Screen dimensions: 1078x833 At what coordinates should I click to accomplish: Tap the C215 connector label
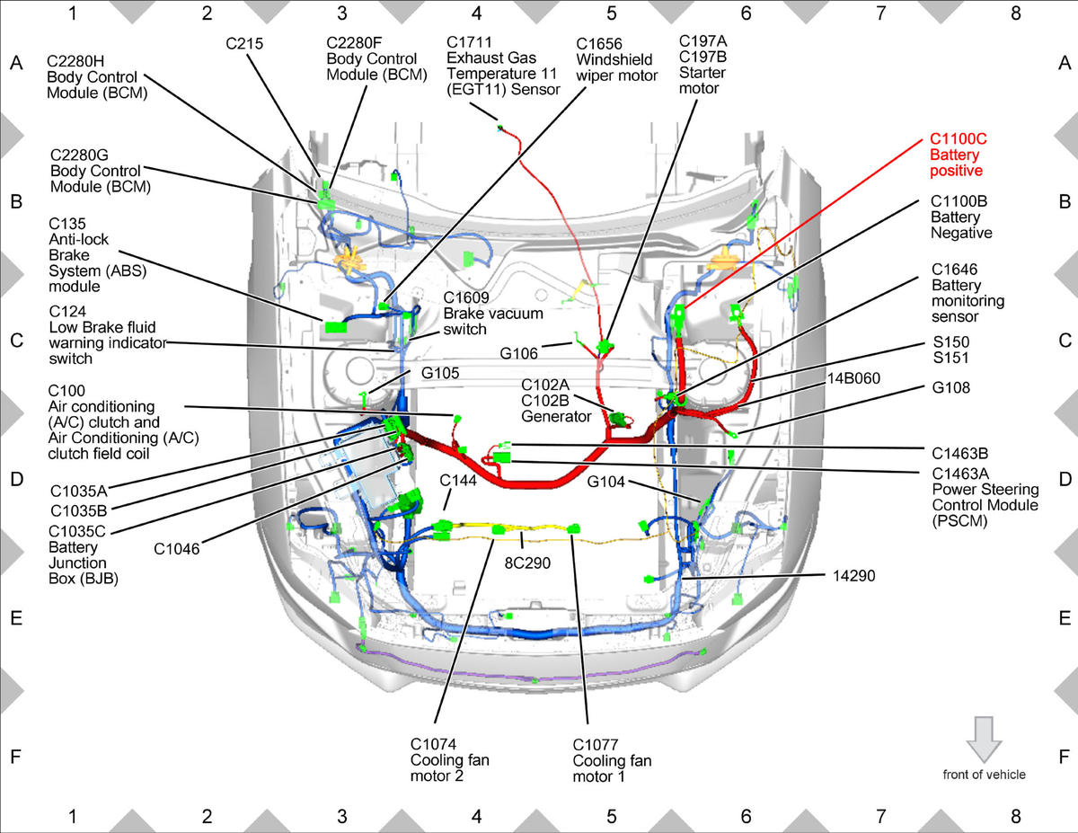pos(244,44)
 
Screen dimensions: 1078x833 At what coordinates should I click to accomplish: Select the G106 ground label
pos(518,353)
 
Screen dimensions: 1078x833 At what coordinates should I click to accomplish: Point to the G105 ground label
pos(440,373)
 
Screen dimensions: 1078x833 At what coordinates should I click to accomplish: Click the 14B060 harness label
pos(853,378)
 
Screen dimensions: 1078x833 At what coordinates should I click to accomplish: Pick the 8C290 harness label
pos(527,563)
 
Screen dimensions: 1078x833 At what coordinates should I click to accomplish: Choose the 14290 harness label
pos(853,576)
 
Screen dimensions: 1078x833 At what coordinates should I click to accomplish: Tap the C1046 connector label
pos(177,549)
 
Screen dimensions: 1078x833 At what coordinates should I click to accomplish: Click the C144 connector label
pos(458,480)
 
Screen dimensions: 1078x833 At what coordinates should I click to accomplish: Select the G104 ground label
pos(605,482)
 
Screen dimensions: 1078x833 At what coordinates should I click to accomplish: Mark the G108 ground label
pos(950,387)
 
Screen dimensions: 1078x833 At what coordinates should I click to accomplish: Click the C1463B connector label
pos(960,454)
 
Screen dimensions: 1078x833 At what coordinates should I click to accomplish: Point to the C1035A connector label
pos(79,491)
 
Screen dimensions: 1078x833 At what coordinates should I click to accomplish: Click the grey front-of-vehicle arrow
pos(984,740)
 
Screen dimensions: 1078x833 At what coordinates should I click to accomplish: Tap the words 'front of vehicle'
pos(985,775)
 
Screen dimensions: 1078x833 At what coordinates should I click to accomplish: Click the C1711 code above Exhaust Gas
pos(469,42)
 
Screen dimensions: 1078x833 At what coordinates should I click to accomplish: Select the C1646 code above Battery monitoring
pos(954,270)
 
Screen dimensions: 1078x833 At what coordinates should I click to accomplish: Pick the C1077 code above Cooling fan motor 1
pos(596,745)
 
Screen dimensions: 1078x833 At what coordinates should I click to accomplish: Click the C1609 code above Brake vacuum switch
pos(466,297)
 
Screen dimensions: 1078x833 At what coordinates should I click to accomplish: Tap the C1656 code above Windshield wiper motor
pos(599,44)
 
